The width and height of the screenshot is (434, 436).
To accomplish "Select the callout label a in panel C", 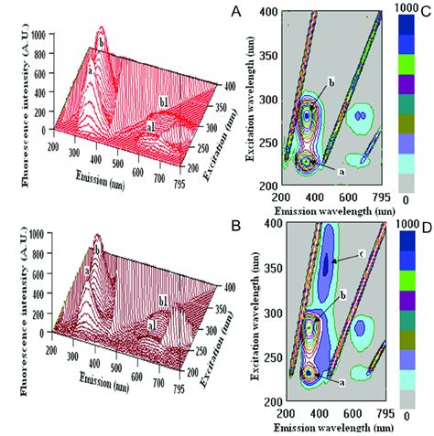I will point(342,170).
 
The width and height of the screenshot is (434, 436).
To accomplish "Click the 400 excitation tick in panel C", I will point(267,12).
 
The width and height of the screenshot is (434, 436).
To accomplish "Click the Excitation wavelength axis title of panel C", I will point(251,105).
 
